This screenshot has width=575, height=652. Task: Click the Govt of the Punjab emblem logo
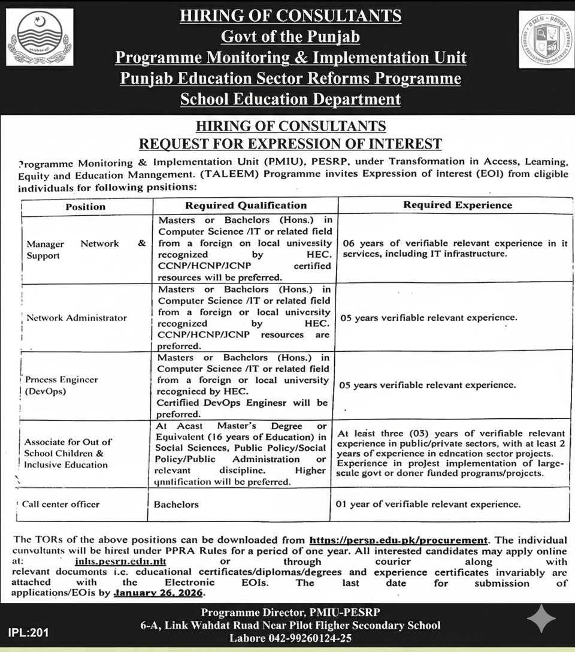[x=40, y=37]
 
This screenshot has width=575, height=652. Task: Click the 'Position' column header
[x=86, y=206]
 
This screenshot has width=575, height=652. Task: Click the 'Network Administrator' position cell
[x=77, y=318]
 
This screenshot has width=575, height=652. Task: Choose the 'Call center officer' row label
[x=60, y=504]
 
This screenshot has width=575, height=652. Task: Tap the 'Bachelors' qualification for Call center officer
[x=176, y=505]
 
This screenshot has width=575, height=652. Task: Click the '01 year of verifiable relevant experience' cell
[x=428, y=505]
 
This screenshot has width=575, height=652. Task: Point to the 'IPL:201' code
[x=29, y=632]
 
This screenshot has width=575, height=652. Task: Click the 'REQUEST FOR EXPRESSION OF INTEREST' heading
[x=290, y=144]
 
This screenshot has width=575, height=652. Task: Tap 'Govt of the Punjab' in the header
[x=290, y=37]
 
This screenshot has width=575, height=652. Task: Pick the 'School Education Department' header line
[x=290, y=99]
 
